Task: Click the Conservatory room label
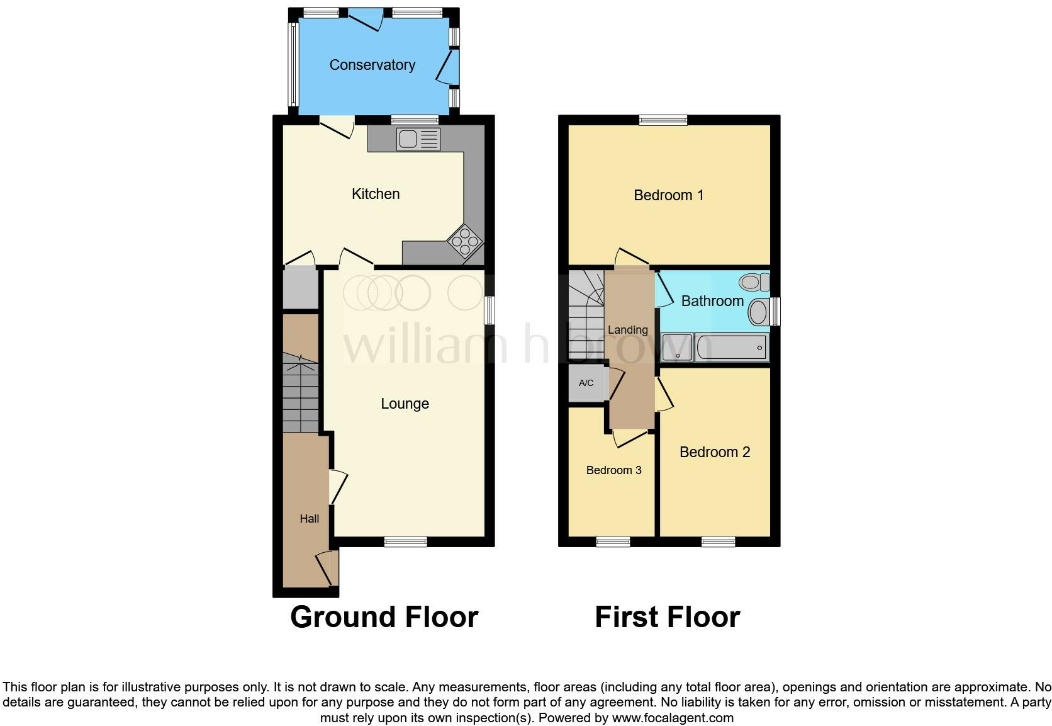372,65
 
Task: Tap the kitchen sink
418,139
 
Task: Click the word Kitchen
376,194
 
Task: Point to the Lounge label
405,404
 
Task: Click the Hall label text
309,519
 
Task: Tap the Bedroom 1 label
668,195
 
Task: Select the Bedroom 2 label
715,452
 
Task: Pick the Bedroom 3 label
613,470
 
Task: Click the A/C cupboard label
586,383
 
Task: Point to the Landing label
627,330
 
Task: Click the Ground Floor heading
384,617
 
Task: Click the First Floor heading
667,617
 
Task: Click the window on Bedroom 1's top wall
664,120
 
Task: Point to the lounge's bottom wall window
406,541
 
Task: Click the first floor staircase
585,315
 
